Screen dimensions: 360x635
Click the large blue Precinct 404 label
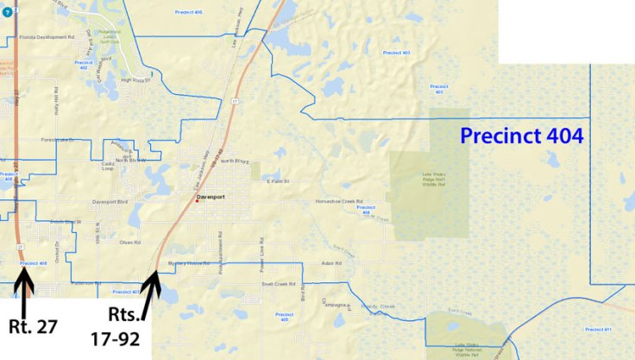click(522, 136)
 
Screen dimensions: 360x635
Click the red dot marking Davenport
click(196, 201)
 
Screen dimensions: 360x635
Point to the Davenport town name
click(210, 197)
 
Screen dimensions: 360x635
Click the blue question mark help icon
click(7, 12)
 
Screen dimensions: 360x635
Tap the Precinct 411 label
click(597, 329)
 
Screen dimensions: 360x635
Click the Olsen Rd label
click(129, 243)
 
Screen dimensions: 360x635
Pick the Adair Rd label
click(326, 262)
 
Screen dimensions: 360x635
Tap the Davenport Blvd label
click(110, 202)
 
